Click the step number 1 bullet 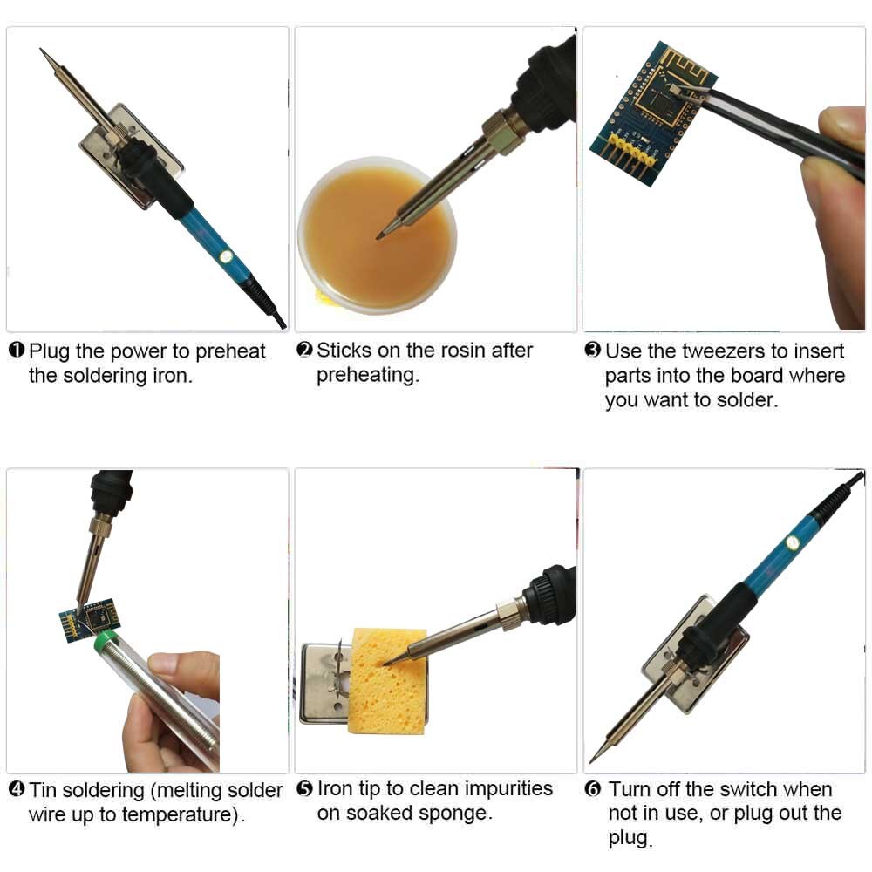pos(16,351)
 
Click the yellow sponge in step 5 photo pos(388,680)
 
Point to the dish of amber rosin pos(375,235)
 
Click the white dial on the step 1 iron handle pos(225,257)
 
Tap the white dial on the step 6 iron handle pos(792,542)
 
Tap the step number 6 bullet pos(592,789)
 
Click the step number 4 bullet pos(16,790)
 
